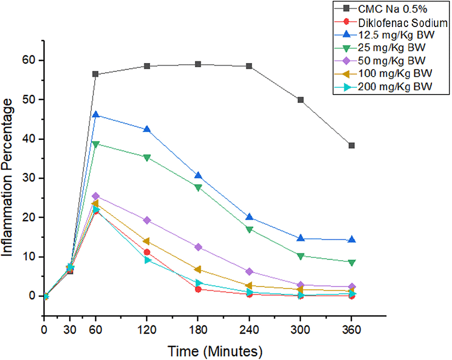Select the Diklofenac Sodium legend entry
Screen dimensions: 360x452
tap(394, 22)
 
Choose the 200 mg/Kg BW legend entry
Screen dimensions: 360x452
tap(392, 87)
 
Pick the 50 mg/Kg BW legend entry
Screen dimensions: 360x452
tap(390, 61)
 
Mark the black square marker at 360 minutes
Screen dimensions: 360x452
tap(352, 145)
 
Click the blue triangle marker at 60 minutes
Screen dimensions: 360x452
tap(95, 115)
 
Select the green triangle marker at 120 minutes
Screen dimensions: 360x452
tap(147, 157)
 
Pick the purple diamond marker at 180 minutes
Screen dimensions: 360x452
tap(198, 247)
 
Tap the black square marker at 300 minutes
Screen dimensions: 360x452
tap(300, 100)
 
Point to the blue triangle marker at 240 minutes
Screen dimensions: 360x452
tap(249, 217)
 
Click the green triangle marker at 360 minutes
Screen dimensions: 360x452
tap(352, 262)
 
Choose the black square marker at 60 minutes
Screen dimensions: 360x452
tap(95, 74)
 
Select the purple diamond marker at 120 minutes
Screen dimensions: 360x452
tap(147, 220)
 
